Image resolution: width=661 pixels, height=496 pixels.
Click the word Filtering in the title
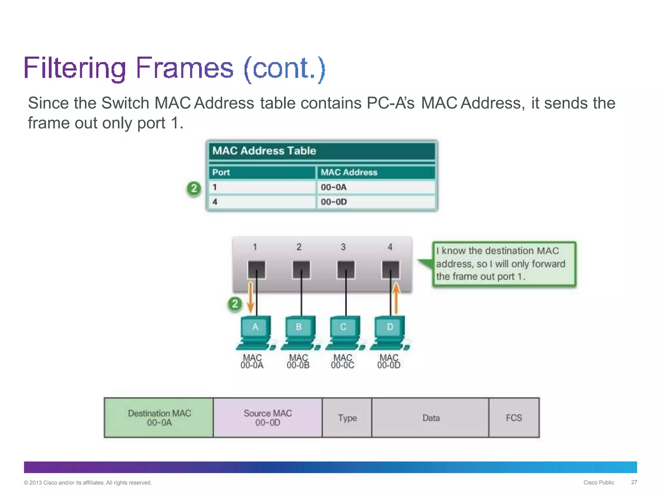coord(75,68)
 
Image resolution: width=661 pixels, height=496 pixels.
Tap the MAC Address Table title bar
coord(322,151)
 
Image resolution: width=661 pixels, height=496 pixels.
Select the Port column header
coord(262,172)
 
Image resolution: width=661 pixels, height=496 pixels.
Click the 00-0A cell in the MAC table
coord(376,187)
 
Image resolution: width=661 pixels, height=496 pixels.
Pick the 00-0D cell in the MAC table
coord(376,202)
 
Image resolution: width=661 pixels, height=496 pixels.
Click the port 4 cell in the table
coord(262,202)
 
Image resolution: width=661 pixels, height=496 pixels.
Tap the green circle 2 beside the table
coord(194,188)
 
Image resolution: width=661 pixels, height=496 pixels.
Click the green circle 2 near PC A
coord(235,304)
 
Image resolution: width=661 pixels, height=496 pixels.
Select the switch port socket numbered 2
coord(301,270)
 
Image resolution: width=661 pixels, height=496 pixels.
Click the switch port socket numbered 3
coord(346,270)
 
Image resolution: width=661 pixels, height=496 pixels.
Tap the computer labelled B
coord(299,333)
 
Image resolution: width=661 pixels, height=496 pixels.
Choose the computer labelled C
coord(344,333)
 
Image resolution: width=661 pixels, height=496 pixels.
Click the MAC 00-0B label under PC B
coord(298,362)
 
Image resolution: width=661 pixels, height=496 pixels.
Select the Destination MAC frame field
coord(159,418)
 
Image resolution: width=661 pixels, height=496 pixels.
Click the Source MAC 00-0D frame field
coord(268,418)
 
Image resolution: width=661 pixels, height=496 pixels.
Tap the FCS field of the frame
coord(514,418)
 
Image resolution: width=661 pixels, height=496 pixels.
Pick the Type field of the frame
coord(347,418)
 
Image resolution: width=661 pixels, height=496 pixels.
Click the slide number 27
coord(634,482)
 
